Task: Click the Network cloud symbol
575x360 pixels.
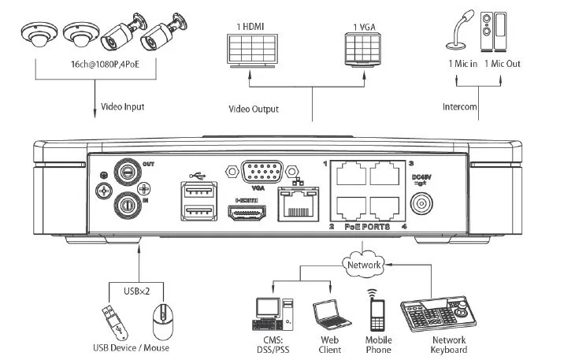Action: coord(365,265)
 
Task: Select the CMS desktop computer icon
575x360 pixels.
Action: coord(272,314)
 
